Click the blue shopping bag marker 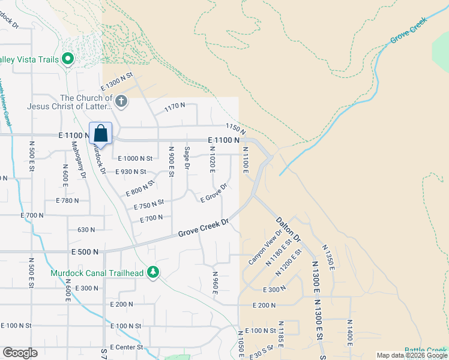click(101, 134)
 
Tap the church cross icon click(121, 101)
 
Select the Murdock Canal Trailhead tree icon click(154, 273)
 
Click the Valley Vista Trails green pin click(68, 59)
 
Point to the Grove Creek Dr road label click(204, 228)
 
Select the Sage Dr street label click(187, 157)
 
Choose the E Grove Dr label click(214, 193)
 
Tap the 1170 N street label click(175, 107)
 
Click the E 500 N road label click(85, 252)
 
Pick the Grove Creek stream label click(408, 31)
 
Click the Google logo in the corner click(20, 353)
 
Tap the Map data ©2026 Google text click(412, 355)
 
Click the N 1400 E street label click(349, 332)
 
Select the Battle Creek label click(425, 350)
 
